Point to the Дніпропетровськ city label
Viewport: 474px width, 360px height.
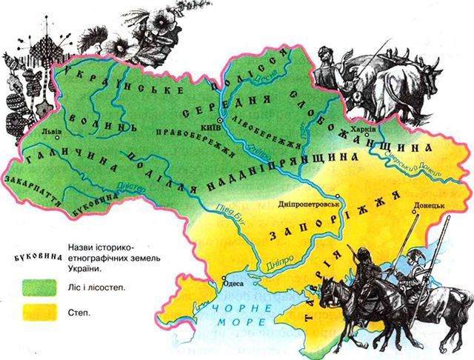(306, 203)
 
